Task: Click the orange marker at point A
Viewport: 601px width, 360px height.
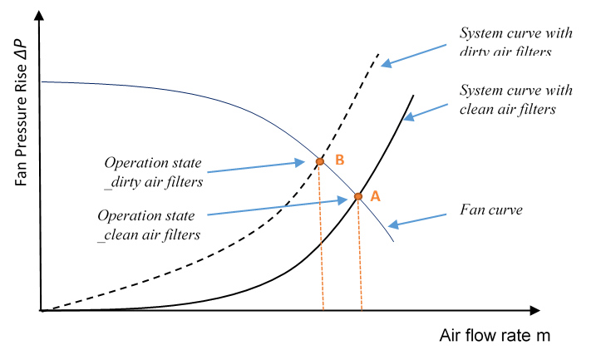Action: point(358,197)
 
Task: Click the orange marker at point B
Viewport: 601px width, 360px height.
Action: point(319,161)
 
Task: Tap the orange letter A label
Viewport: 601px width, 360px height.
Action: point(375,196)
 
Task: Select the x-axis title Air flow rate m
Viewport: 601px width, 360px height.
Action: point(495,336)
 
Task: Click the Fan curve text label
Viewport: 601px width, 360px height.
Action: point(490,210)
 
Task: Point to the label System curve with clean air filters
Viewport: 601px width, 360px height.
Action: point(507,98)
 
